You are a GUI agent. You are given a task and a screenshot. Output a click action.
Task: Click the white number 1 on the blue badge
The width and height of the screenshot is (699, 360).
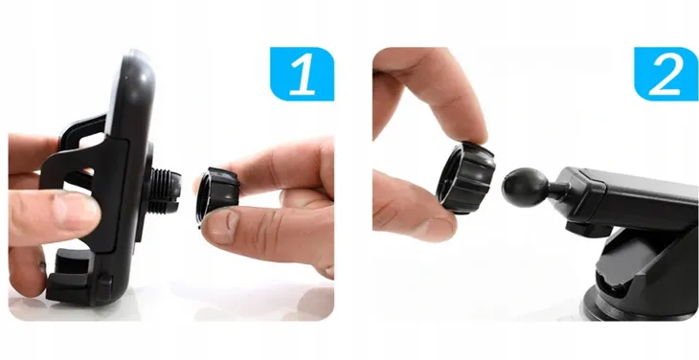tap(304, 75)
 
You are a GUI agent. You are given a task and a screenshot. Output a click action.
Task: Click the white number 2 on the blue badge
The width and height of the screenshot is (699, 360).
tap(666, 75)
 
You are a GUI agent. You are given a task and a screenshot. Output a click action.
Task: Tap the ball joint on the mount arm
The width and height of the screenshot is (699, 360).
tap(526, 188)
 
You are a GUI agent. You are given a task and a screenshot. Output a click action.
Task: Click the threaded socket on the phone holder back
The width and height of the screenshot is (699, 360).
tap(166, 191)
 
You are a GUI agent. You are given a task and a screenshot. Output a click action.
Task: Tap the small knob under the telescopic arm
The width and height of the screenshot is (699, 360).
tap(589, 229)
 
